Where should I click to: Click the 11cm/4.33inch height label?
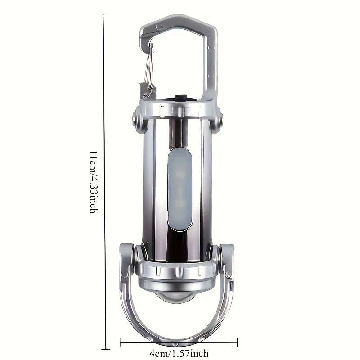[94, 182]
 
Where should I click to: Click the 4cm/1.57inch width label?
[179, 353]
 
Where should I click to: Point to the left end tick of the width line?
[121, 343]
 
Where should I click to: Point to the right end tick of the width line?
[238, 342]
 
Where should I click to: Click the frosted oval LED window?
[180, 189]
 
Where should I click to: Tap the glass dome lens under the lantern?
[176, 297]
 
